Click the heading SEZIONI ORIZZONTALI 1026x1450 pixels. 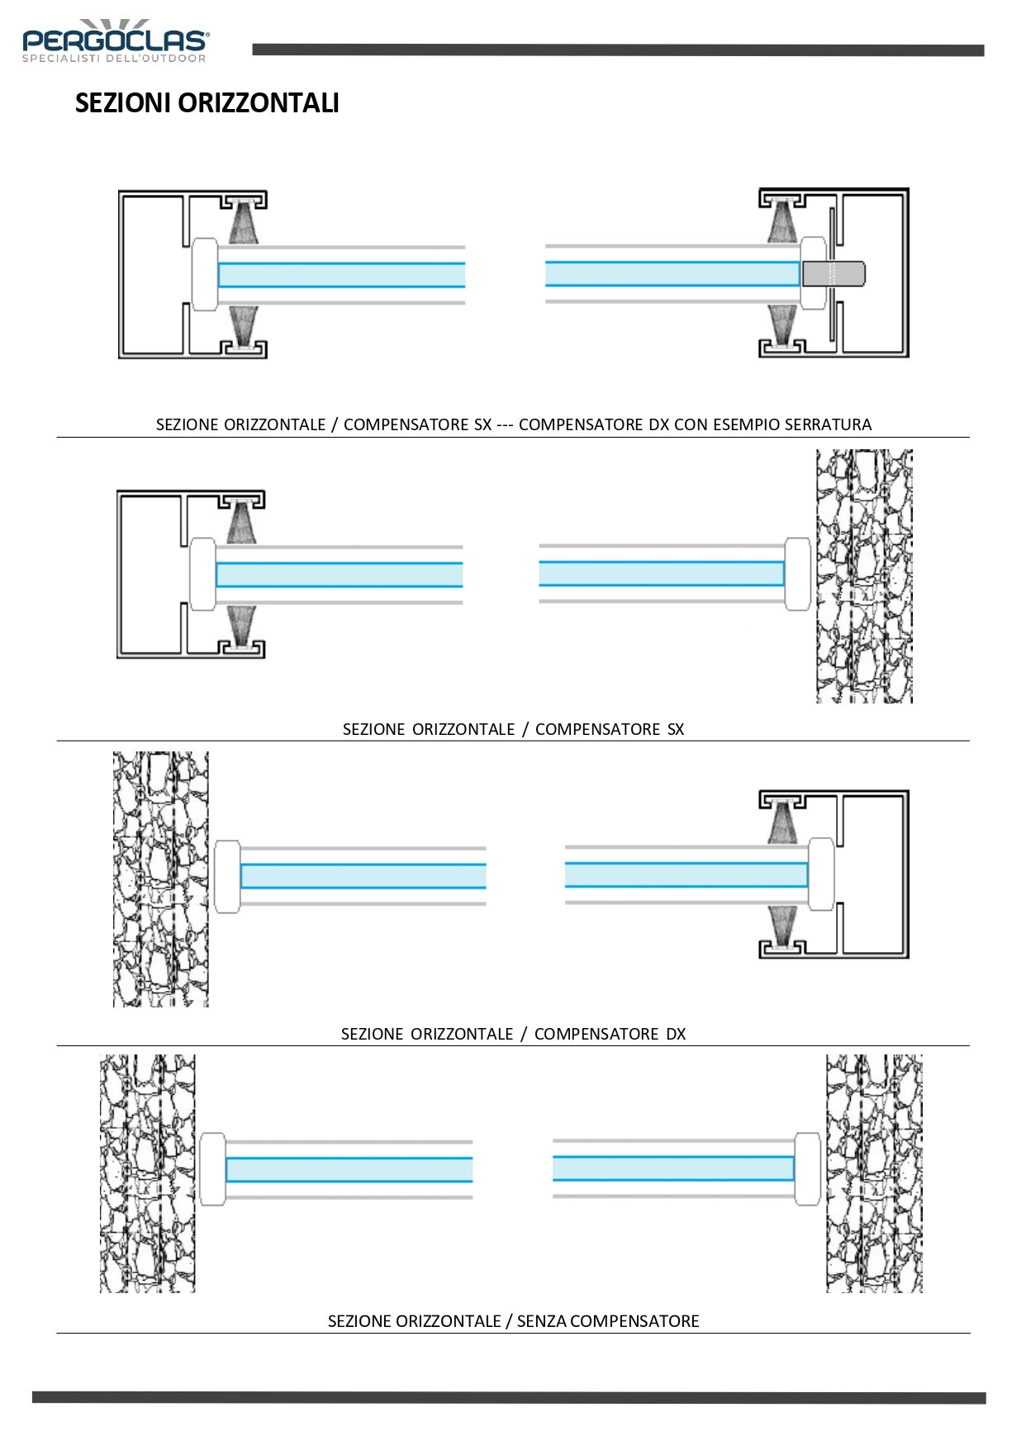coord(207,103)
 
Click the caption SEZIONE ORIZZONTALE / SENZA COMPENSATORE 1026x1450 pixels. coord(513,1321)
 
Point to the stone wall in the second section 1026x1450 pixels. coord(864,576)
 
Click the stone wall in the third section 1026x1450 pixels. coord(160,879)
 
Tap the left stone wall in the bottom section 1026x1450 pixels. coord(148,1173)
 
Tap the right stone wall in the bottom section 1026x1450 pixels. coord(874,1173)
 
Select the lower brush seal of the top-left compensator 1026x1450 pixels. coord(243,325)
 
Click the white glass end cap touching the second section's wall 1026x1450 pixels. coord(797,574)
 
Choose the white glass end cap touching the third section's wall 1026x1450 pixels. coord(227,876)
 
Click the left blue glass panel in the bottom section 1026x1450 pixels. coord(349,1169)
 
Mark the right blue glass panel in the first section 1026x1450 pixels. coord(671,273)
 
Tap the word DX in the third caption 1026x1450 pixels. coord(676,1034)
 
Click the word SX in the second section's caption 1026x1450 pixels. coord(675,729)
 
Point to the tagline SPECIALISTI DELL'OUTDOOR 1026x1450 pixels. coord(114,59)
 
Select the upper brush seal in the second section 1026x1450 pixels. coord(241,523)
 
